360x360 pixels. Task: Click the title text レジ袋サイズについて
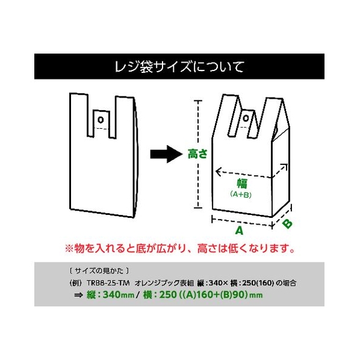[179, 67]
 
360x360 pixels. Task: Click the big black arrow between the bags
[166, 154]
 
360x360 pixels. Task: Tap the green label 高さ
[197, 154]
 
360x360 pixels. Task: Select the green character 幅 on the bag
[242, 184]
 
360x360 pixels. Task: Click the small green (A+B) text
[241, 194]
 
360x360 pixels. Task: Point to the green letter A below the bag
[239, 231]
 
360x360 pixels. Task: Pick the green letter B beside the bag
[287, 224]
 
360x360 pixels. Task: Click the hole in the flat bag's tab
[101, 120]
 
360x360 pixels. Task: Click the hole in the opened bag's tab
[246, 119]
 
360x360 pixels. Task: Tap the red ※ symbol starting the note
[69, 249]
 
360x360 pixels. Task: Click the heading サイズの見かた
[99, 271]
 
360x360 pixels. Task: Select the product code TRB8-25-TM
[108, 283]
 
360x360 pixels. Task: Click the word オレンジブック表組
[164, 283]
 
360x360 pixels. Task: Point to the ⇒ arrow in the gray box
[78, 295]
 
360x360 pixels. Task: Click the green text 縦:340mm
[110, 295]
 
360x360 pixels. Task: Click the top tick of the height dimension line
[198, 101]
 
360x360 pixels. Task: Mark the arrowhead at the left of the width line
[218, 172]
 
